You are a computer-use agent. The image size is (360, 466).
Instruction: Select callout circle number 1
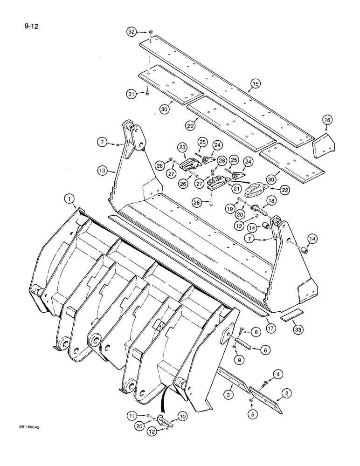tap(69, 199)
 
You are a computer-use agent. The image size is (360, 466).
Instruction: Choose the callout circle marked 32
tap(132, 32)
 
